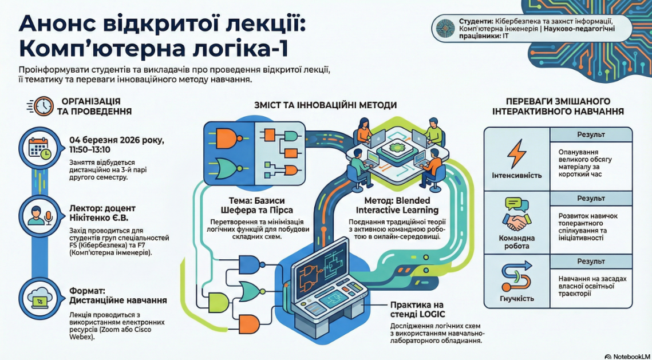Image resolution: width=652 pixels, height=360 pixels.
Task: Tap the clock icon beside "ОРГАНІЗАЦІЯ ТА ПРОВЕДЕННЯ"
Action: pos(44,105)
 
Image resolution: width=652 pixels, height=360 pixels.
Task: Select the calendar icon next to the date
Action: pos(39,148)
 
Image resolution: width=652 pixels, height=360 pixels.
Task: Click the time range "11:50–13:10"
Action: pos(90,149)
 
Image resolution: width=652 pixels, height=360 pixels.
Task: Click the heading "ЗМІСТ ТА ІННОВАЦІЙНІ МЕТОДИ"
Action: pos(325,105)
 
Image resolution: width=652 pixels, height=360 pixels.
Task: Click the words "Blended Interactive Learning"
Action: pos(401,207)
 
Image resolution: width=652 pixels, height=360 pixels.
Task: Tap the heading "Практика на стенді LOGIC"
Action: pos(417,309)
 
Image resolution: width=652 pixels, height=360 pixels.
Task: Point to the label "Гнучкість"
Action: pos(516,298)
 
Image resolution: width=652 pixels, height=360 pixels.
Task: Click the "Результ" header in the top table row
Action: pos(591,134)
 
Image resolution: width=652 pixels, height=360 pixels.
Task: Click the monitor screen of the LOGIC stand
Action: pos(322,268)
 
